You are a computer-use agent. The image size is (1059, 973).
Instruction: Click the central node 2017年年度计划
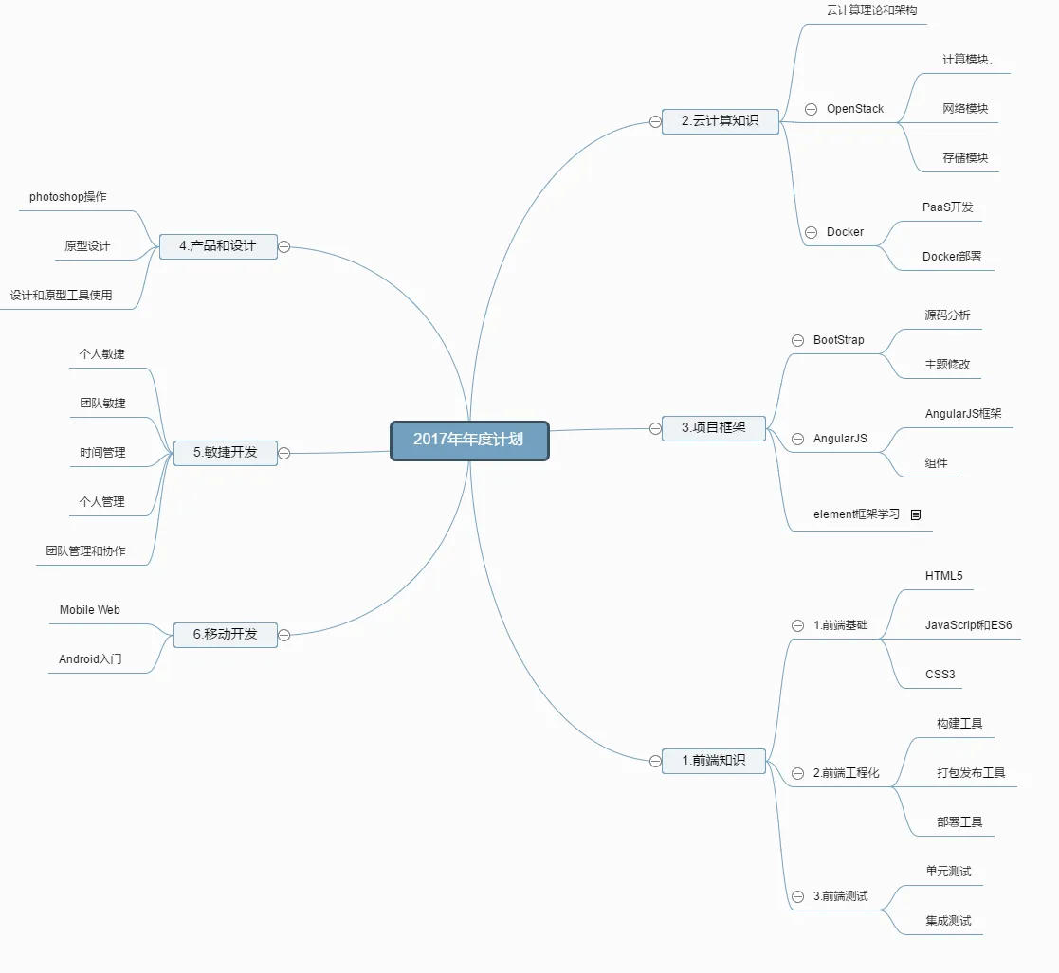[x=469, y=441]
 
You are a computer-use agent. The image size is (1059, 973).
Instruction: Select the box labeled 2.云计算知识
[x=720, y=121]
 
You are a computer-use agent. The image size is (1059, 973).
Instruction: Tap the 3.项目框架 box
[x=713, y=428]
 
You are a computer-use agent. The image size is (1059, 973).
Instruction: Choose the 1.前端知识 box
[x=713, y=760]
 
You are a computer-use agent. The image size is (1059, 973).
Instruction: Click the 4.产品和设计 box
[x=217, y=246]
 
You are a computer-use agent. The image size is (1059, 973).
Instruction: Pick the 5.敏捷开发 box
[x=225, y=453]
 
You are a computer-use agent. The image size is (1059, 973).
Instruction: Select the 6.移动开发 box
[x=225, y=635]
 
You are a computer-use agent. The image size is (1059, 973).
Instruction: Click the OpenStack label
[x=854, y=109]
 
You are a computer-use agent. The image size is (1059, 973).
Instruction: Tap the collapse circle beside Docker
[x=811, y=232]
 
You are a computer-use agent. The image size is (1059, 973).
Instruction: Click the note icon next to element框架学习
[x=916, y=514]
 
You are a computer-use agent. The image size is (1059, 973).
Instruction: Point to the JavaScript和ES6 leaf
[x=968, y=625]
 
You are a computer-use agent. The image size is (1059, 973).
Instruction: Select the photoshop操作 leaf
[x=67, y=197]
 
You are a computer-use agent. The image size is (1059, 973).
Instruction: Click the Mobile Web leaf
[x=89, y=610]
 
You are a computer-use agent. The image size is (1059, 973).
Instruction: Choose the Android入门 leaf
[x=90, y=659]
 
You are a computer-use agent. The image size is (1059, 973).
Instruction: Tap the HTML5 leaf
[x=943, y=576]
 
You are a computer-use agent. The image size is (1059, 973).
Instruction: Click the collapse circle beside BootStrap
[x=797, y=340]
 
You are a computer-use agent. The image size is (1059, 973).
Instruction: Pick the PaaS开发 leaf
[x=947, y=207]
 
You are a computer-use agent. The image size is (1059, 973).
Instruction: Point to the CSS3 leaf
[x=940, y=675]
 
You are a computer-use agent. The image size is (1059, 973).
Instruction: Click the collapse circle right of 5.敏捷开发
[x=283, y=453]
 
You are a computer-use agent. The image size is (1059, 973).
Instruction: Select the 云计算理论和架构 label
[x=872, y=10]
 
